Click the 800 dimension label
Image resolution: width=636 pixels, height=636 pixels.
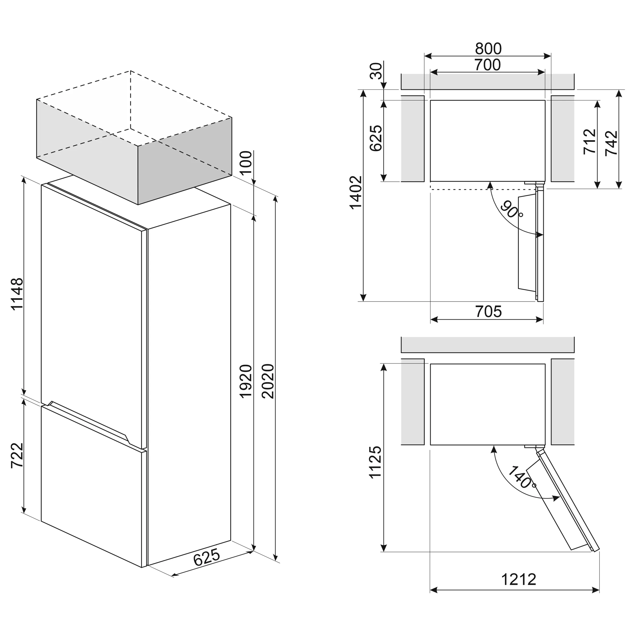[488, 49]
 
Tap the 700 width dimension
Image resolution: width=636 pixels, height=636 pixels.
[487, 65]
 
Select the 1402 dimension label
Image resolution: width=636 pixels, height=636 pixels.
[356, 193]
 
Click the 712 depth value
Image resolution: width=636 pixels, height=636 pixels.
[590, 141]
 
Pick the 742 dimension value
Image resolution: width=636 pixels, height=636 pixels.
[612, 143]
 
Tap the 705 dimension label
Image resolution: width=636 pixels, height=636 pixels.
[488, 311]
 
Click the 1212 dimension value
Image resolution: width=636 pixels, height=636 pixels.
[519, 579]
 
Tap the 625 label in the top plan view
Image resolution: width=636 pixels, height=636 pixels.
[376, 138]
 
